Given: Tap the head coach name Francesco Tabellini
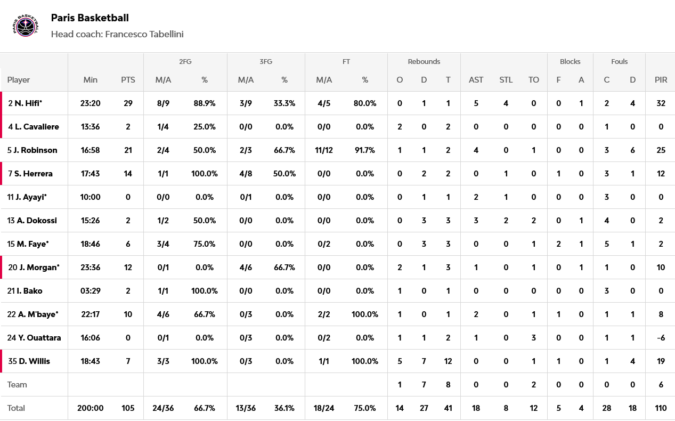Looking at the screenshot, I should (144, 34).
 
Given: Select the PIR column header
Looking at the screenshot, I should (661, 80).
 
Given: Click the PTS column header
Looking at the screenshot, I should (128, 80).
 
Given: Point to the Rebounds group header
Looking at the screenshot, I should (424, 62).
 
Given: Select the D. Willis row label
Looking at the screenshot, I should (34, 361).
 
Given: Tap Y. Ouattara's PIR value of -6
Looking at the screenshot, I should (661, 338).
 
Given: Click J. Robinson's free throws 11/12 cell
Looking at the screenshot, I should (324, 150).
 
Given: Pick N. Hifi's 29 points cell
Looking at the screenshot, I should (128, 103).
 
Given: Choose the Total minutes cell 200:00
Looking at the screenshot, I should (91, 408).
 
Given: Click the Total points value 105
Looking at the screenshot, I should (128, 408).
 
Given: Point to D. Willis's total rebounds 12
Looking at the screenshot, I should (448, 361).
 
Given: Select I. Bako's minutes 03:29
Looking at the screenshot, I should (91, 291).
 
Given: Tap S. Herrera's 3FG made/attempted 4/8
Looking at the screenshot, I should (246, 174).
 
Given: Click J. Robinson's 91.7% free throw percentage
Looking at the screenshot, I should (365, 150).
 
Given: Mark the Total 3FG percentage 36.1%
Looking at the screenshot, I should (284, 408).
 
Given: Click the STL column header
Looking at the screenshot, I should (506, 80).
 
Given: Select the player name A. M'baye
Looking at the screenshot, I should (38, 314).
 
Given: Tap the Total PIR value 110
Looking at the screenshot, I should (661, 408).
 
